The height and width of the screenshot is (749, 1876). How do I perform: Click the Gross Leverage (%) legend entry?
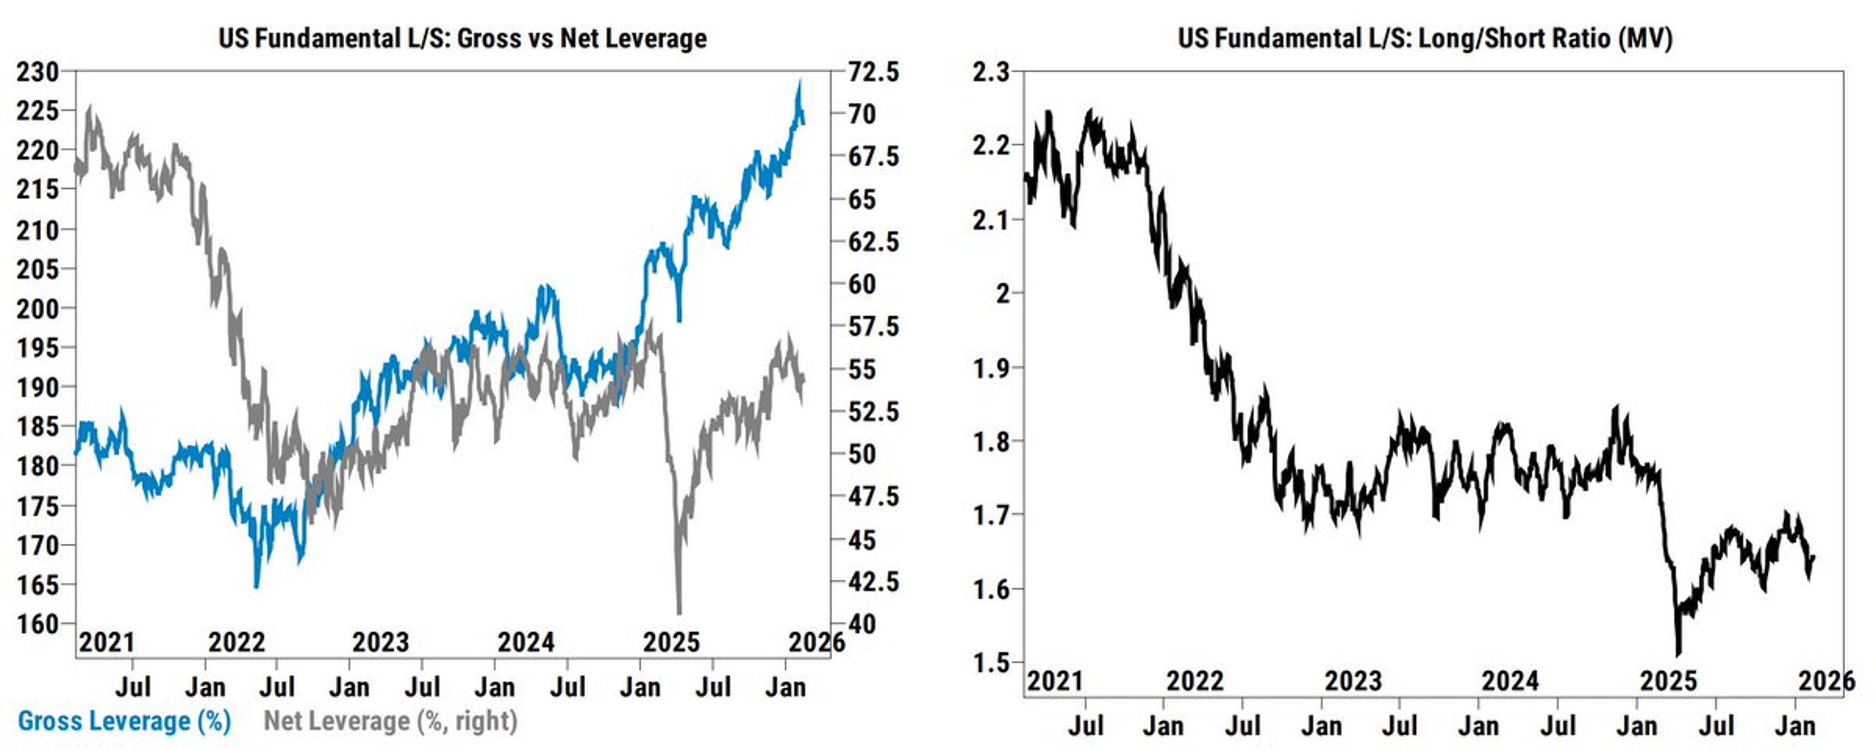click(124, 721)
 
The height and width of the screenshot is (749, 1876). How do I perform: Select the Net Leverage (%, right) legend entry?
click(390, 721)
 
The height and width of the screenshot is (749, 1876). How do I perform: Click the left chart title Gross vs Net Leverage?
click(463, 38)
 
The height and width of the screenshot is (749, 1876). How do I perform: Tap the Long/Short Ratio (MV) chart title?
click(1425, 38)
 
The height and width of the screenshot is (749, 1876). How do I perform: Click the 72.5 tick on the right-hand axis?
click(874, 72)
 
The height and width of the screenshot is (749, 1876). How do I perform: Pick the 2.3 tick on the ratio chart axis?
click(992, 72)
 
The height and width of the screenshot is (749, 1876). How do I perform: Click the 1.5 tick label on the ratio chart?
click(992, 662)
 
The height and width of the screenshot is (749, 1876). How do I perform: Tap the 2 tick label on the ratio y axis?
click(1003, 294)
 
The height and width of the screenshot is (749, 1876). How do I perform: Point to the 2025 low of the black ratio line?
click(1679, 654)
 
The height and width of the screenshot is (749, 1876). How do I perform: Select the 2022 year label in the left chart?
click(236, 642)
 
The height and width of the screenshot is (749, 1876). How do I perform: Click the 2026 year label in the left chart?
click(816, 642)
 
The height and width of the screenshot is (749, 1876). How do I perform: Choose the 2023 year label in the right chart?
click(1352, 681)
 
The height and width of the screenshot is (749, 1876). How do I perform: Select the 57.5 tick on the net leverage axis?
click(874, 327)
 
